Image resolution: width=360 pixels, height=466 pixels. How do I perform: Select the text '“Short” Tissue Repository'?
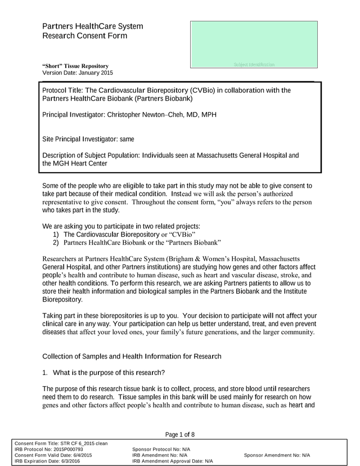[75, 66]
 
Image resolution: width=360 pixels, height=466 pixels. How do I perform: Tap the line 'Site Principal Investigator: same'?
[88, 138]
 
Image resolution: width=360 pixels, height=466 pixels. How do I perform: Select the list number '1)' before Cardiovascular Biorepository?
[56, 234]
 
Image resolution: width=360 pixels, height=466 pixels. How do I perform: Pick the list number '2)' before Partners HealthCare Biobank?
[56, 243]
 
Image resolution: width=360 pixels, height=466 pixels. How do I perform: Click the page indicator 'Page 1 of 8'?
[180, 434]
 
